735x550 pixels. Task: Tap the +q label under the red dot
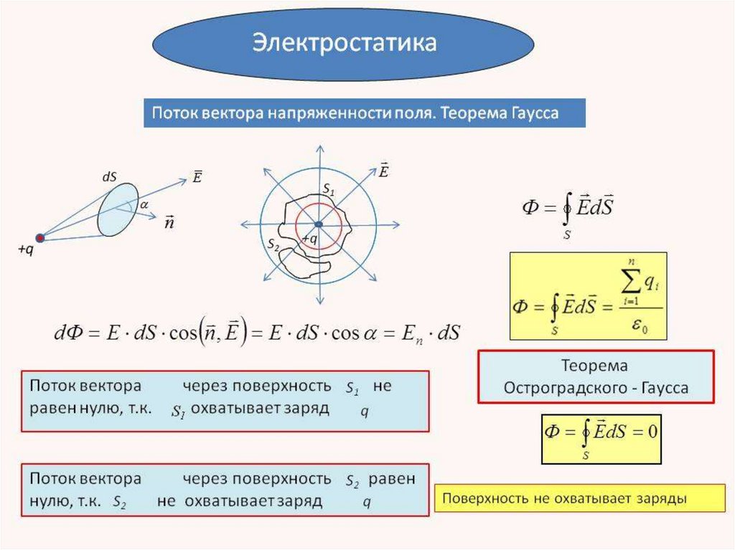point(26,250)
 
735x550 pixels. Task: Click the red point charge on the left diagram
point(40,237)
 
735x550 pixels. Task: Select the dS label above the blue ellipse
point(111,174)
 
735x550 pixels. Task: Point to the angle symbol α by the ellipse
point(144,204)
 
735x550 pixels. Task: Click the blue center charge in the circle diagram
point(318,224)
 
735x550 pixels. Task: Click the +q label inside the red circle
point(309,238)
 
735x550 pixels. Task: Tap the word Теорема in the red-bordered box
point(596,366)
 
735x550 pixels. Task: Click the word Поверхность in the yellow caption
point(487,498)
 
